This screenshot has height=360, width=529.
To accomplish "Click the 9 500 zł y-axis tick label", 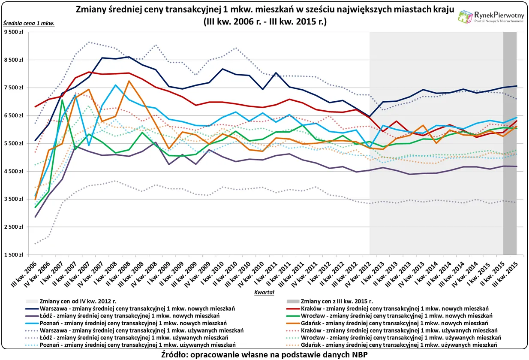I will pyautogui.click(x=14, y=32).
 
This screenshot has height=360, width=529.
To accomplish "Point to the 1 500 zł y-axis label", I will pyautogui.click(x=14, y=255).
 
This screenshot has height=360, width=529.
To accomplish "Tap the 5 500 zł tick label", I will pyautogui.click(x=14, y=143).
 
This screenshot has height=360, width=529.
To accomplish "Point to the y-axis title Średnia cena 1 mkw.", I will pyautogui.click(x=29, y=23).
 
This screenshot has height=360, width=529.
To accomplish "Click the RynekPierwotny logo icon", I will pyautogui.click(x=465, y=16).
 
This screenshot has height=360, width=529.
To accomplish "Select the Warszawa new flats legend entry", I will pyautogui.click(x=137, y=308).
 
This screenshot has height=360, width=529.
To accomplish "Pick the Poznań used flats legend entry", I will pyautogui.click(x=137, y=345).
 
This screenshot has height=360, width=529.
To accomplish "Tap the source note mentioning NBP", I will pyautogui.click(x=264, y=354).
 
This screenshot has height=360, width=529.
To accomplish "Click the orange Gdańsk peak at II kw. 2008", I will pyautogui.click(x=129, y=81).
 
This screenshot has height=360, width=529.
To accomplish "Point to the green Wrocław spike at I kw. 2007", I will pyautogui.click(x=62, y=100).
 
